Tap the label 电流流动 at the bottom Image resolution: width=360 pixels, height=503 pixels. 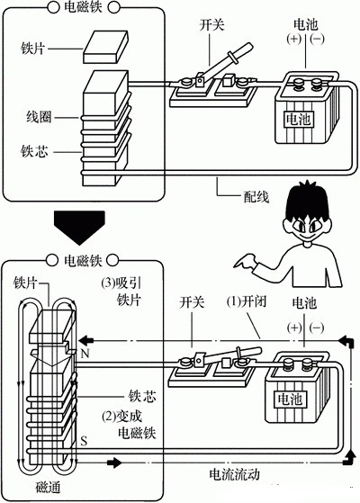point(238,472)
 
